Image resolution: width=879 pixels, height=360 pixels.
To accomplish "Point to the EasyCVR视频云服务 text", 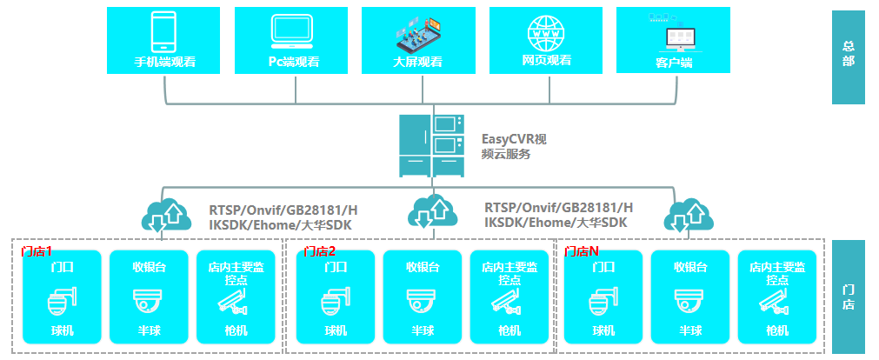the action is tap(514, 146).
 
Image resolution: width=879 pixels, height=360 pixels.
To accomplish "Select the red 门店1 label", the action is tap(37, 251).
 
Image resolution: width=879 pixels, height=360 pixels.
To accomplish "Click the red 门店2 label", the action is tap(320, 251).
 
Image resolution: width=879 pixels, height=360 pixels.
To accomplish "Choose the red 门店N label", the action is tap(582, 251).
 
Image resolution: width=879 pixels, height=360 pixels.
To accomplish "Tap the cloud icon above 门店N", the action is tap(689, 215).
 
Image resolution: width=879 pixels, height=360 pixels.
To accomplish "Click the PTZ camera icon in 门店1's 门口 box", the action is tap(63, 302).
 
